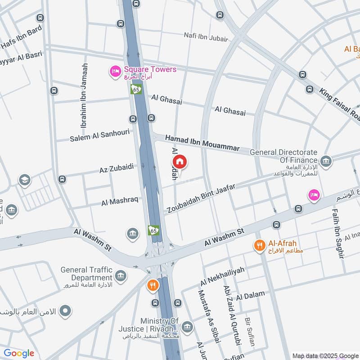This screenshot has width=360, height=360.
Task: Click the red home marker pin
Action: [179, 162]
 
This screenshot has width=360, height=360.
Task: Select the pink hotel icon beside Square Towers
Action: [115, 71]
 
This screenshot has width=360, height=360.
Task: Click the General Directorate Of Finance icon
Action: [326, 161]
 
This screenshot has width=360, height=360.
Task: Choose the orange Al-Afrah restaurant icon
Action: [259, 245]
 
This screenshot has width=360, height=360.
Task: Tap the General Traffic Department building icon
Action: [120, 275]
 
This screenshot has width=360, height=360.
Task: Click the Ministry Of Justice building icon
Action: [188, 327]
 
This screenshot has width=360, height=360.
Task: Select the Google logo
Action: [19, 353]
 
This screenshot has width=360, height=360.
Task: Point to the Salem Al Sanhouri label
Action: [99, 135]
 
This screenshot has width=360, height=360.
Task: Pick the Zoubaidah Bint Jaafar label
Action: [201, 198]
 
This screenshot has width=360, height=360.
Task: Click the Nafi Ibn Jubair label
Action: [206, 36]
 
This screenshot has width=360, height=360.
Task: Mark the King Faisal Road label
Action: [340, 104]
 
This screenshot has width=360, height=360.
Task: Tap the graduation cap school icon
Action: [25, 180]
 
